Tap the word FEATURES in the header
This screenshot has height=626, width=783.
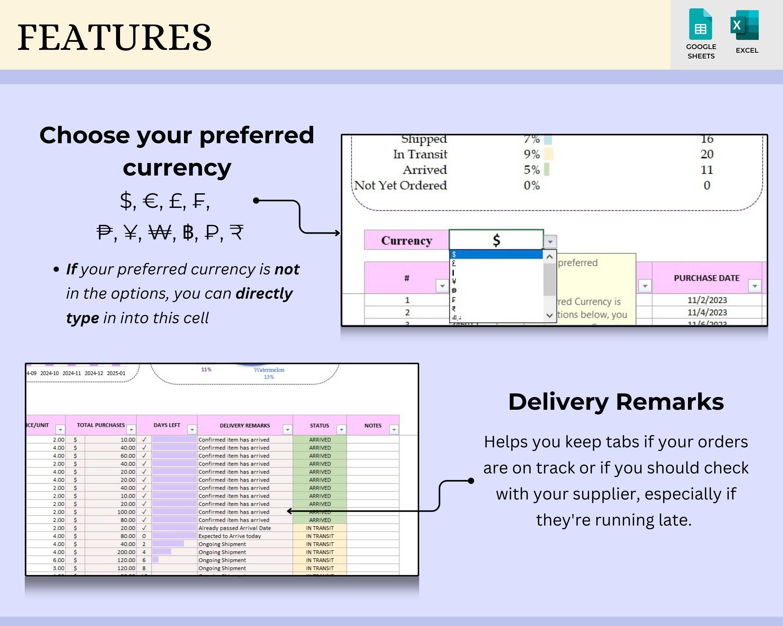pos(114,37)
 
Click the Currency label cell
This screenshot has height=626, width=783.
pos(406,240)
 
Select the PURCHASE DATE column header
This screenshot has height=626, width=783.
pos(706,278)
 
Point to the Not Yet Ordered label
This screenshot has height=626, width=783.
pos(400,185)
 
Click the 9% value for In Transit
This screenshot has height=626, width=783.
pos(531,154)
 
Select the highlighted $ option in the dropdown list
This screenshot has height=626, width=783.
pos(496,254)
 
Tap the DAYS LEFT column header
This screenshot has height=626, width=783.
pos(167,425)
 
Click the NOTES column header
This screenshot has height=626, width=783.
pos(373,425)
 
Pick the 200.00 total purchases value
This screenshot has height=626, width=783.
pos(126,552)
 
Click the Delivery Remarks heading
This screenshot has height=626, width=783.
pos(616,402)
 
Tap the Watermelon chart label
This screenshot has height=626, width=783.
pos(269,370)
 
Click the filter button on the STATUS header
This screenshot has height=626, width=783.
pos(341,430)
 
